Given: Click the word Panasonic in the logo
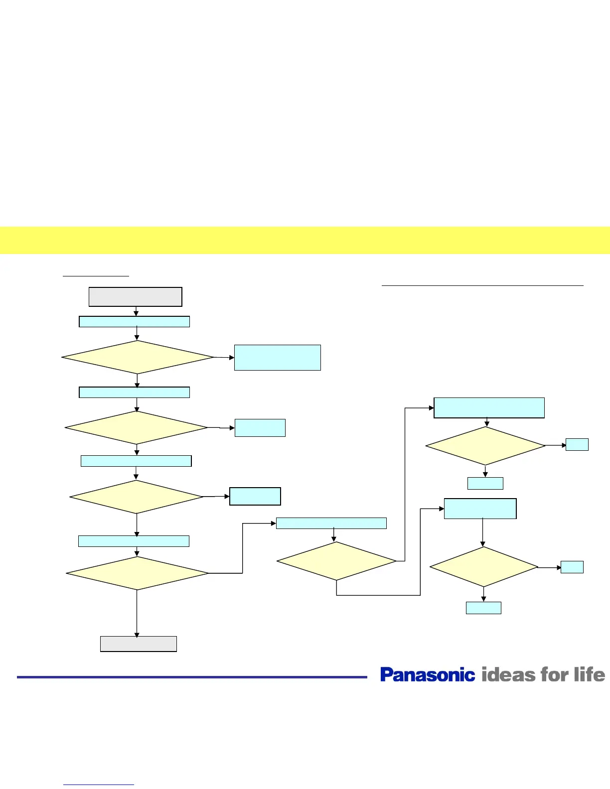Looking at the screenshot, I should click(428, 674).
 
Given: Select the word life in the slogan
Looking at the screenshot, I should click(589, 674).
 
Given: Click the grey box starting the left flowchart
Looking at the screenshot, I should click(135, 297).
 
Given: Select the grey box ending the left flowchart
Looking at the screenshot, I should click(139, 644).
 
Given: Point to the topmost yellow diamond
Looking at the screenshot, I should click(138, 357).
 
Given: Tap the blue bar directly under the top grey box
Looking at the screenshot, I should click(135, 321).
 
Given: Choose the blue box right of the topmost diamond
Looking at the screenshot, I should click(277, 357).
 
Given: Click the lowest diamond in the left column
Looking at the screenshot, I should click(137, 573).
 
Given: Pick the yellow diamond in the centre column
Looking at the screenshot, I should click(336, 561).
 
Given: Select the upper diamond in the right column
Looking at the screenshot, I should click(485, 446).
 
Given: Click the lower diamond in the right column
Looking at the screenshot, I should click(483, 567).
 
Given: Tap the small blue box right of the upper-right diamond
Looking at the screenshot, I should click(577, 444).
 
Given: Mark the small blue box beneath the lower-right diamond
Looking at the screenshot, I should click(483, 608).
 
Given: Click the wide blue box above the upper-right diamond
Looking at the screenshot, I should click(489, 407).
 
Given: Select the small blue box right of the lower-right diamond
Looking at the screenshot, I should click(572, 567).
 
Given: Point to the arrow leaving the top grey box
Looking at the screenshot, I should click(136, 311).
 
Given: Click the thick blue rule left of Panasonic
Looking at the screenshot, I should click(192, 677).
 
